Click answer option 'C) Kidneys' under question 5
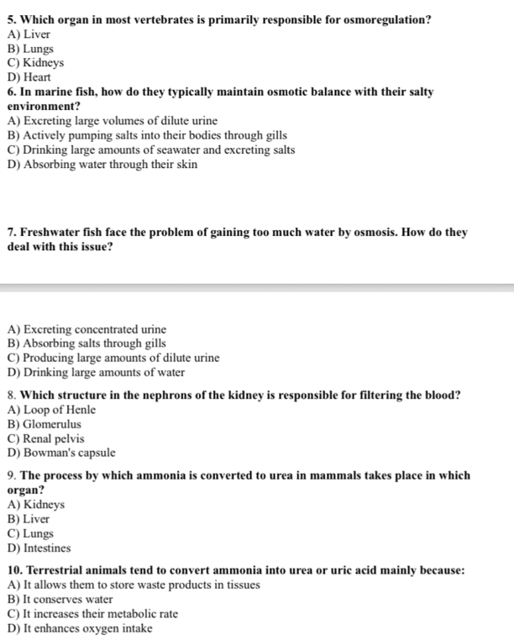35,63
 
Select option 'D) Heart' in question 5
29,77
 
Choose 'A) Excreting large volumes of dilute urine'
100,121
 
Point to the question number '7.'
12,233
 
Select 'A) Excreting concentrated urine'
87,329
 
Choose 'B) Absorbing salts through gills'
87,344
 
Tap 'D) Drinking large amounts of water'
96,372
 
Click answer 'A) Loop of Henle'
51,410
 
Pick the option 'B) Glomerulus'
44,424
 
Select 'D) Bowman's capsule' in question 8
60,453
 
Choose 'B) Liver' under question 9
29,519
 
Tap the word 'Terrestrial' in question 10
56,570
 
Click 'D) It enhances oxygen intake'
80,628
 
